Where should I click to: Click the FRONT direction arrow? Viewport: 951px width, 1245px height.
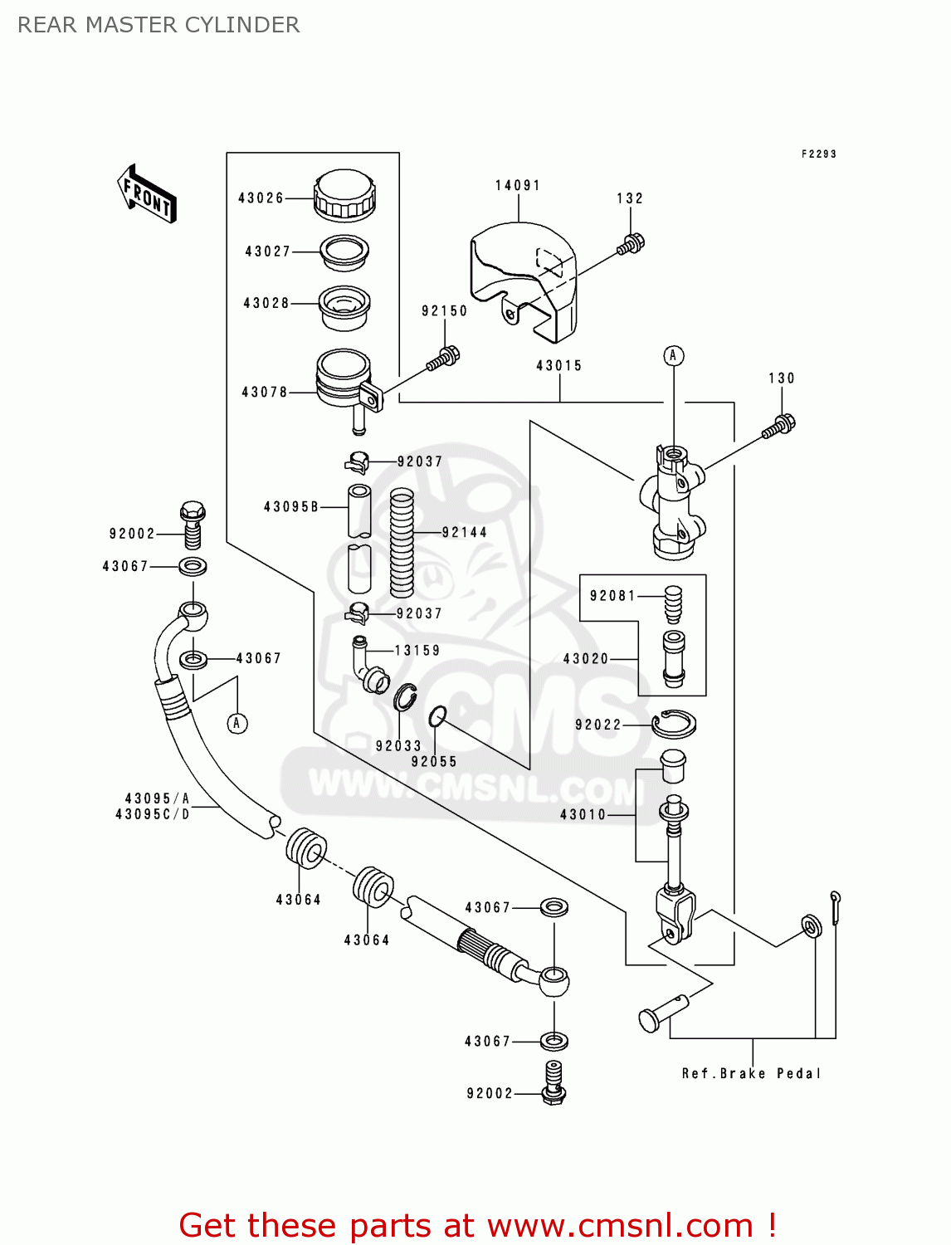coord(148,194)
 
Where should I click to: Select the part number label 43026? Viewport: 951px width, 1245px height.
coord(261,198)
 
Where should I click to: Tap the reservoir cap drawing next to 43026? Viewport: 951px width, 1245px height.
coord(344,196)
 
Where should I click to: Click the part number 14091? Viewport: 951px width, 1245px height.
coord(518,186)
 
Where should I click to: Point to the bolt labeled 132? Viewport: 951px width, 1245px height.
coord(631,244)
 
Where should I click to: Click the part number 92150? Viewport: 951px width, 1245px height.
coord(445,311)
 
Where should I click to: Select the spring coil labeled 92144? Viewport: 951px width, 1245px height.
coord(402,542)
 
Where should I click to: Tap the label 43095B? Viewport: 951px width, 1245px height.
coord(291,507)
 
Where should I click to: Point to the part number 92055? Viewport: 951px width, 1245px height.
coord(434,762)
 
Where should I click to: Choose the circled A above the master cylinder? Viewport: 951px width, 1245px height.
coord(673,356)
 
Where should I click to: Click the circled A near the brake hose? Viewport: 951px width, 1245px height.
coord(237,724)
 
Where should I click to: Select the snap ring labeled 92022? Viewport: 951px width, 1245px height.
coord(673,724)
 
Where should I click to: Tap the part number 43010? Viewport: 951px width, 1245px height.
coord(583,815)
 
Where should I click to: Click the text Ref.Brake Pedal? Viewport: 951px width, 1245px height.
coord(751,1074)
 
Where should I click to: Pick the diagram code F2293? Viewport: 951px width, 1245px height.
coord(818,154)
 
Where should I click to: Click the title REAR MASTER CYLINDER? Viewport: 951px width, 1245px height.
coord(158,25)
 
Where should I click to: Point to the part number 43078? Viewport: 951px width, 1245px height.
coord(264,393)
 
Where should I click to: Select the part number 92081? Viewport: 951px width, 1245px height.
coord(612,596)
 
